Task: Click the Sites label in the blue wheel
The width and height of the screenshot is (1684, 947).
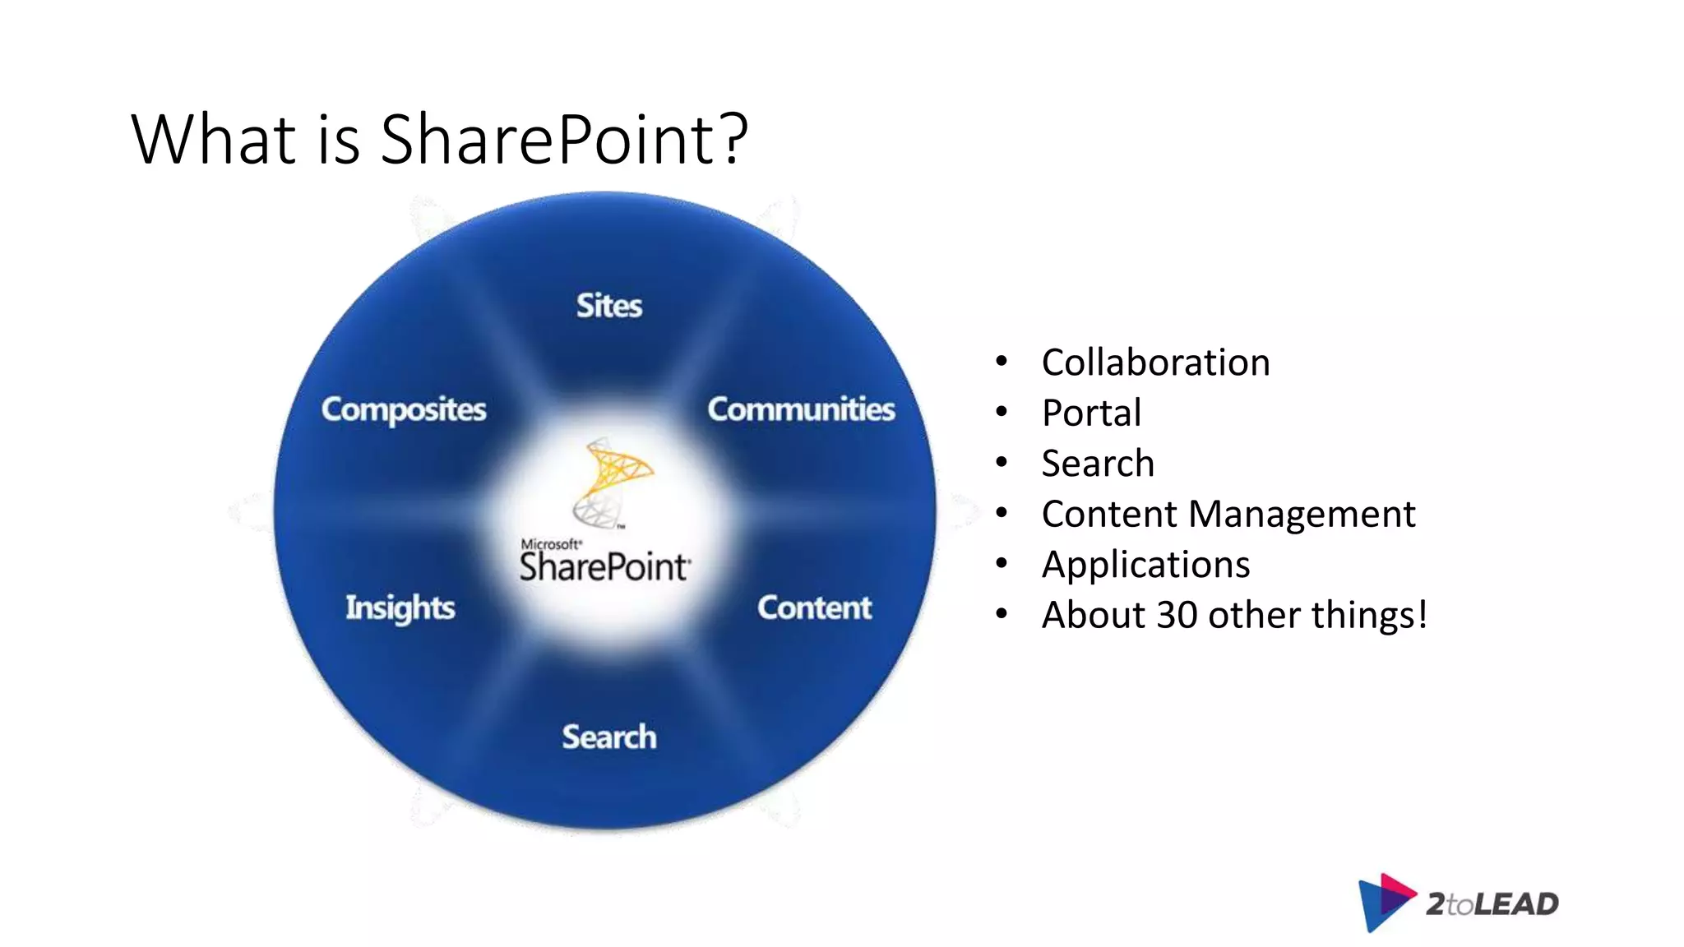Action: click(x=608, y=306)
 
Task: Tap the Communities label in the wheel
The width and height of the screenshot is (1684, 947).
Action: click(x=801, y=409)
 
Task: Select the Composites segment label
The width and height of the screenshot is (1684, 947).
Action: click(x=404, y=409)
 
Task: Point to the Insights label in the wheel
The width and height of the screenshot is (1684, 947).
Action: click(x=400, y=607)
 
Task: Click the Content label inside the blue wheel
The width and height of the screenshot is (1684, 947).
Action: click(x=814, y=607)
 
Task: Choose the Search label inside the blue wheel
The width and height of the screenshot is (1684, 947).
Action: click(x=609, y=737)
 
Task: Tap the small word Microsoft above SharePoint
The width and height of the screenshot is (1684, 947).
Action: click(x=550, y=544)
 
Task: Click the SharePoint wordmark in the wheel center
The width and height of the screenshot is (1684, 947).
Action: click(x=604, y=567)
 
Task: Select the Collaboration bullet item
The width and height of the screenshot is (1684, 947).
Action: click(x=1155, y=363)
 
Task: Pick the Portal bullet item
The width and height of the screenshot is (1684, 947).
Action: click(x=1091, y=413)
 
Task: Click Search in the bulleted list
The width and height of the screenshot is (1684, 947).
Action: click(x=1098, y=464)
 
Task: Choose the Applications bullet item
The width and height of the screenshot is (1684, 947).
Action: click(x=1145, y=565)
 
